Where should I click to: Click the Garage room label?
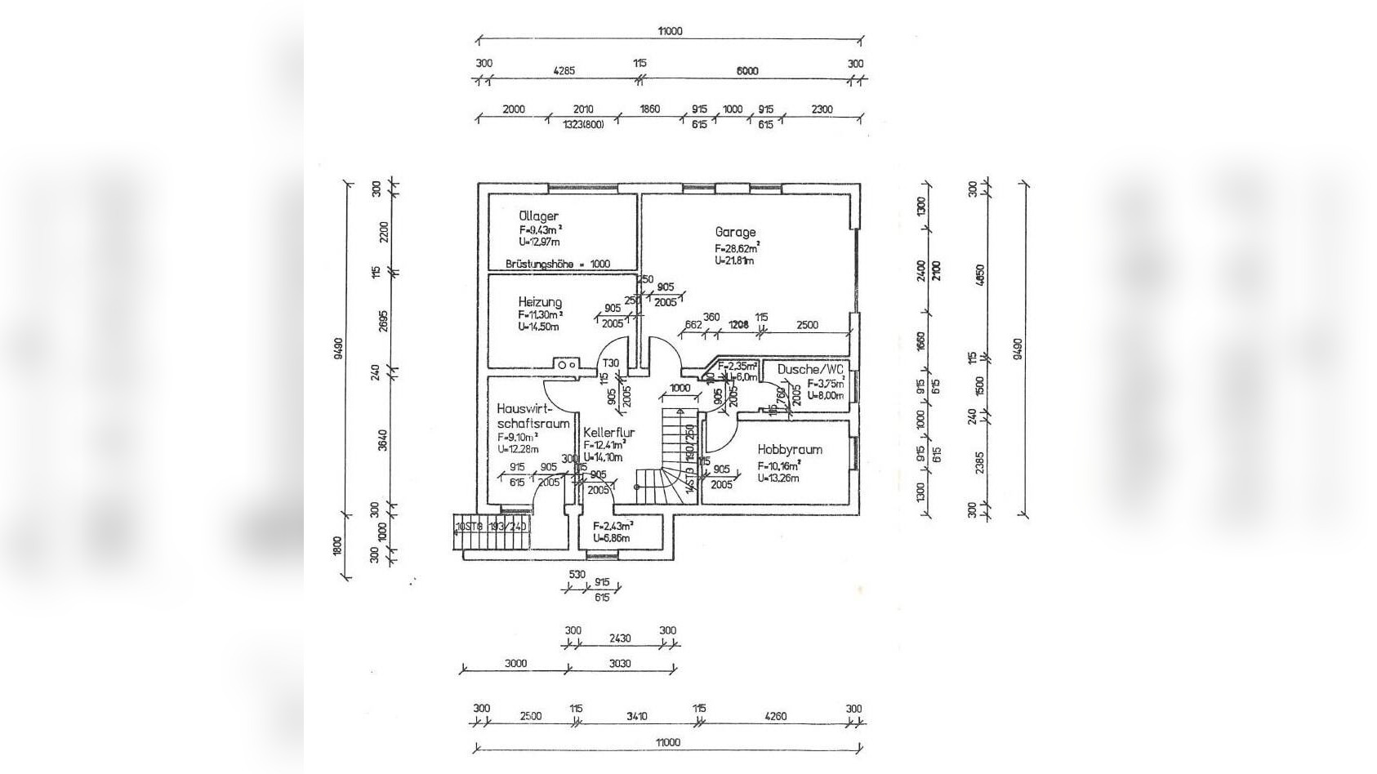pyautogui.click(x=735, y=232)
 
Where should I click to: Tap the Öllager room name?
pyautogui.click(x=538, y=216)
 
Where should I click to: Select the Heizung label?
pyautogui.click(x=540, y=302)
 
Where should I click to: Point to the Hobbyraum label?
pyautogui.click(x=789, y=449)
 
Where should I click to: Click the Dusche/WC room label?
pyautogui.click(x=810, y=369)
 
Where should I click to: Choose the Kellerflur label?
pyautogui.click(x=608, y=433)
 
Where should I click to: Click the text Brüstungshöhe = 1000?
pyautogui.click(x=558, y=264)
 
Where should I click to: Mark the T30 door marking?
pyautogui.click(x=610, y=363)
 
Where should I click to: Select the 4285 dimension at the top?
pyautogui.click(x=564, y=71)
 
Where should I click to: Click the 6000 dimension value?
pyautogui.click(x=746, y=71)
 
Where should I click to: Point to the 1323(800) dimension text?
pyautogui.click(x=583, y=125)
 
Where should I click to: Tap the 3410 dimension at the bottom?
pyautogui.click(x=636, y=716)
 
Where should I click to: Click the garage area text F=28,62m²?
pyautogui.click(x=738, y=247)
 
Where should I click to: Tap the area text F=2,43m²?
pyautogui.click(x=613, y=526)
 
